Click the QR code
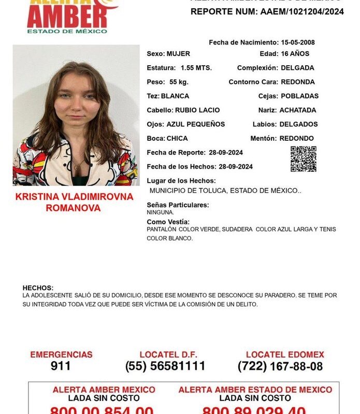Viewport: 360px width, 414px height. pyautogui.click(x=303, y=159)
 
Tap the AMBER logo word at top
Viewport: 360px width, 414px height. pyautogui.click(x=67, y=18)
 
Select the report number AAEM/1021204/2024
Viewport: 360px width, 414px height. pyautogui.click(x=302, y=11)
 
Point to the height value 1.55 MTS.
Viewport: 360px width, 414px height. pyautogui.click(x=196, y=68)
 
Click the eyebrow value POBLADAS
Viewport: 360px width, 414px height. pyautogui.click(x=299, y=96)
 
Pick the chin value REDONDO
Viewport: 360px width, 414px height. pyautogui.click(x=296, y=138)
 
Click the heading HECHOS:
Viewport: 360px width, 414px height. pyautogui.click(x=38, y=288)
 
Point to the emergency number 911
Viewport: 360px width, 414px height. pyautogui.click(x=61, y=366)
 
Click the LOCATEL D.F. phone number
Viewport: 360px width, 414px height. pyautogui.click(x=165, y=366)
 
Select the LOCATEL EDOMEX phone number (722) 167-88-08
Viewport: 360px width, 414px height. pyautogui.click(x=280, y=366)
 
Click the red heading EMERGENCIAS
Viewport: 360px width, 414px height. pyautogui.click(x=61, y=355)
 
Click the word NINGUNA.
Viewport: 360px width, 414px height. pyautogui.click(x=160, y=212)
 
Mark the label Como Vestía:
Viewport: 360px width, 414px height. pyautogui.click(x=168, y=221)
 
